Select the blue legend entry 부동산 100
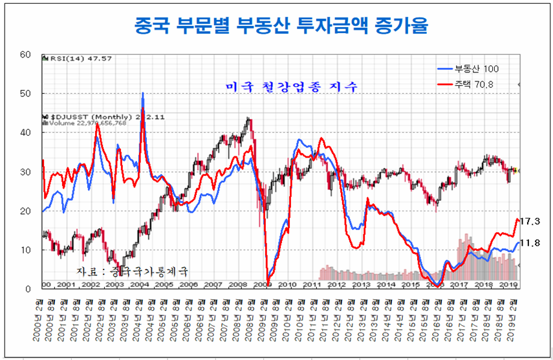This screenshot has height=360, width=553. (x=467, y=69)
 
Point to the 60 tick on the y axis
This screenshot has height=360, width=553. (x=26, y=54)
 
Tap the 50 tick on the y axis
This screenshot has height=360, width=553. (x=26, y=94)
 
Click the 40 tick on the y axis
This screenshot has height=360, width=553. (x=26, y=132)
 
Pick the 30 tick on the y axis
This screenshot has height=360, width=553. (x=26, y=172)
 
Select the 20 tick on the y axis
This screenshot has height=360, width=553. (x=26, y=211)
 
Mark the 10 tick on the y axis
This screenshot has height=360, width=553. (x=26, y=250)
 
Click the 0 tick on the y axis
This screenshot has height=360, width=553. (x=29, y=289)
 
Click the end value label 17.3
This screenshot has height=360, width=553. (x=530, y=221)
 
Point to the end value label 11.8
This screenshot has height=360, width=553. (x=530, y=243)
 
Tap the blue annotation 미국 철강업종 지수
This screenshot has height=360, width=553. (x=291, y=87)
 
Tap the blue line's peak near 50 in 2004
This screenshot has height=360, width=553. (x=142, y=94)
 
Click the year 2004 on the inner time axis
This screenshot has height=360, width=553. (x=139, y=284)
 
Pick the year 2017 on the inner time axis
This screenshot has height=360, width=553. (x=459, y=284)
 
